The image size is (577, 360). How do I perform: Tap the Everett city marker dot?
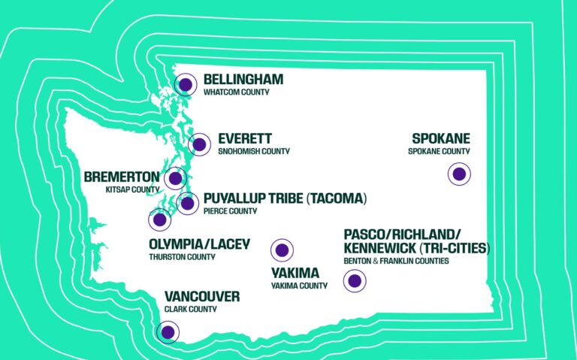(200, 144)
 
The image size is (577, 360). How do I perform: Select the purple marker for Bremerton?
(176, 178)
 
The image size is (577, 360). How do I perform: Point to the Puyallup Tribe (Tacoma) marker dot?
(187, 202)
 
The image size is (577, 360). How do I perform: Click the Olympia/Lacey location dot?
(159, 220)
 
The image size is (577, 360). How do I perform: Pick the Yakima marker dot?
(282, 250)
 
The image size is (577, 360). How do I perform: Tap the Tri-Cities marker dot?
(354, 282)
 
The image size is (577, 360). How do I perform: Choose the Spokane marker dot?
(459, 174)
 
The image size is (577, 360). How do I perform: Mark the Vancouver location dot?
(167, 331)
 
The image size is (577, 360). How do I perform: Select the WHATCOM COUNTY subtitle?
(236, 92)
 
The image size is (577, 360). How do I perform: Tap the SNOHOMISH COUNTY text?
(254, 151)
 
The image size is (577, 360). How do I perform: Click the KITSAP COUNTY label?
(132, 190)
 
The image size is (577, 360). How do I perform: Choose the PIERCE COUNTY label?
(230, 211)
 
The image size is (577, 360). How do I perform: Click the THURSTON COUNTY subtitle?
(183, 257)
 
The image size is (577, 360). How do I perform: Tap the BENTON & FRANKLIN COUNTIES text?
(396, 261)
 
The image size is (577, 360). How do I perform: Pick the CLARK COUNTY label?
(191, 309)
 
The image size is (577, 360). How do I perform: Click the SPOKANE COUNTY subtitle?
(439, 151)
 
